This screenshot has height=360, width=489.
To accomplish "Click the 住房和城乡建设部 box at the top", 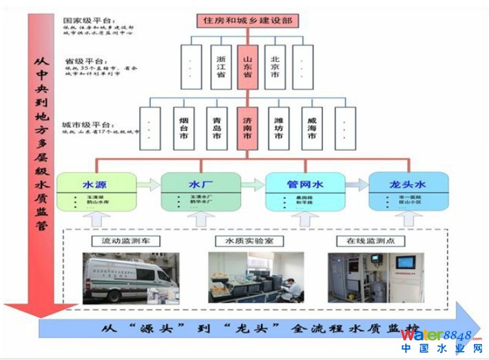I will click(x=248, y=21).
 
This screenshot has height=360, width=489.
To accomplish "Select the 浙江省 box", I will click(x=220, y=67).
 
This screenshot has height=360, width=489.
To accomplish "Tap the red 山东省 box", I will click(x=247, y=67).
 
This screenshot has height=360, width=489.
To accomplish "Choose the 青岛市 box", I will click(x=216, y=127).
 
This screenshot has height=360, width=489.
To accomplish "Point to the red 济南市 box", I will click(x=247, y=127).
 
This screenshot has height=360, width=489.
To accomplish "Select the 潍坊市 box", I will click(x=278, y=127).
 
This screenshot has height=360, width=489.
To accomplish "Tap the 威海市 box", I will click(x=311, y=127).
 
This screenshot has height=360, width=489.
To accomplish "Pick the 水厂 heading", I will click(x=200, y=184).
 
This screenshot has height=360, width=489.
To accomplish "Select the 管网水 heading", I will click(x=305, y=184).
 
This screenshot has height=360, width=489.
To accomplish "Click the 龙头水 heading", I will click(x=408, y=184).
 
